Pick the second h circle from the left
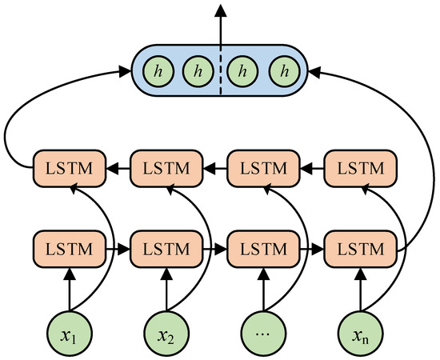[x=197, y=71]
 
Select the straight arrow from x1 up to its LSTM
[x=69, y=288]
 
